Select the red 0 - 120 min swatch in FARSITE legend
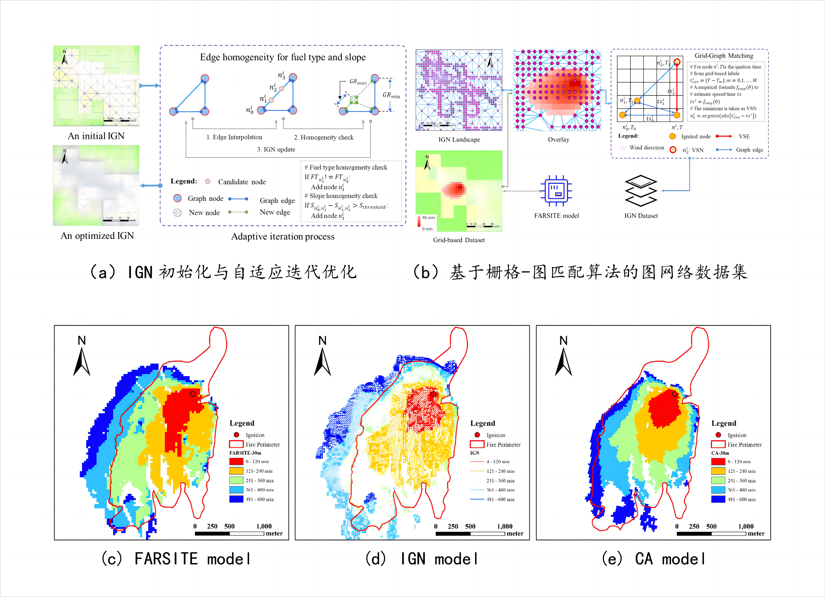(x=236, y=461)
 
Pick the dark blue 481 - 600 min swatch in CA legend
(x=718, y=499)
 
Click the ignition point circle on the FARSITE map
(x=193, y=394)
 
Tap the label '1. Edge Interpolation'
(x=234, y=137)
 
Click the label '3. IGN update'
(x=276, y=149)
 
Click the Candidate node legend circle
(x=208, y=181)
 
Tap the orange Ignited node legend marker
(x=673, y=136)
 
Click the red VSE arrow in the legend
(x=724, y=136)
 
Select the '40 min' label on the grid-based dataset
(x=428, y=218)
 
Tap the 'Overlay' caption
(x=558, y=140)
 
